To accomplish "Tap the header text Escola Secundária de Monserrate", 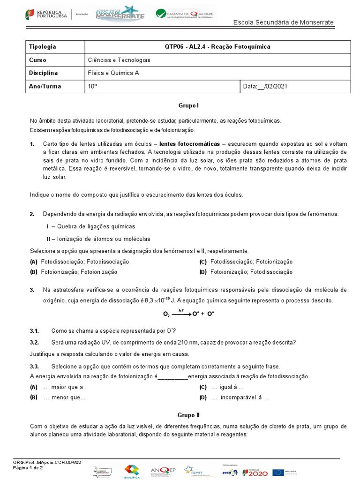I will [283, 22].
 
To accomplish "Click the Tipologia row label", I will [43, 47].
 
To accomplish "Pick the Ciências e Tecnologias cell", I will [119, 60].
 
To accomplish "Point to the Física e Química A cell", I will [113, 73].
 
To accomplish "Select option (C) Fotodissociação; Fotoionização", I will [246, 262].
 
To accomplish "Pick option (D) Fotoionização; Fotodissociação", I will [246, 272].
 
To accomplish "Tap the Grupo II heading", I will [189, 415].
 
